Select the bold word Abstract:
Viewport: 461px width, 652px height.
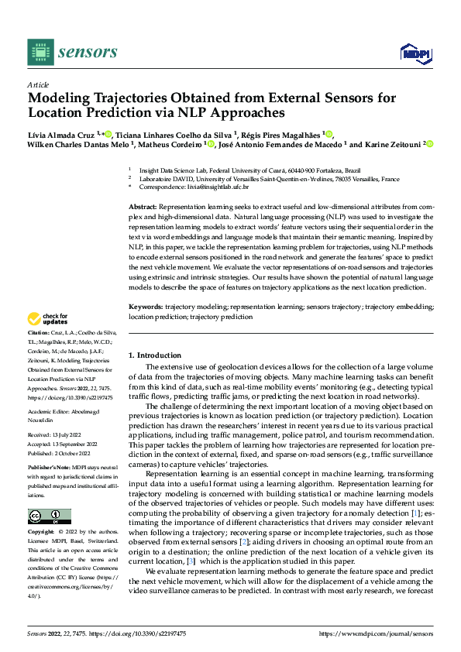[143, 208]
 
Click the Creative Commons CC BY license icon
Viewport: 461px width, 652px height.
[49, 516]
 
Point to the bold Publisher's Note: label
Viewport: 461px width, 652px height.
[51, 468]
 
